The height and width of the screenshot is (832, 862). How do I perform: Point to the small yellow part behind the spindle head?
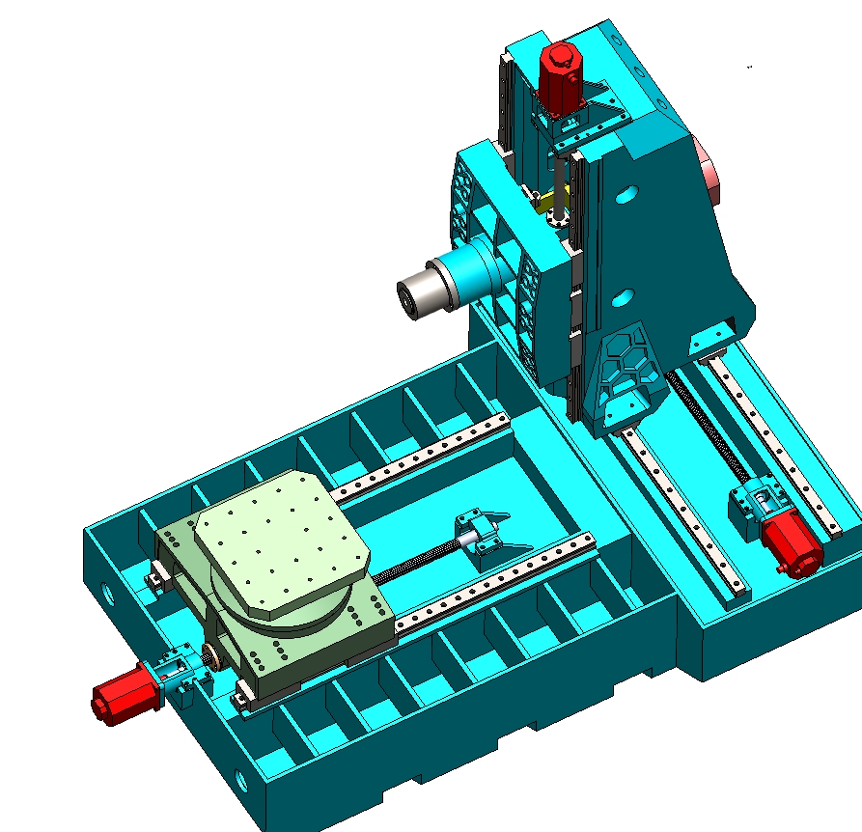click(547, 203)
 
